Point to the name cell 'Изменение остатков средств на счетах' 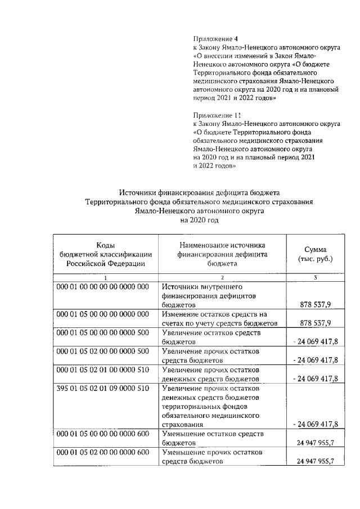(224, 318)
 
